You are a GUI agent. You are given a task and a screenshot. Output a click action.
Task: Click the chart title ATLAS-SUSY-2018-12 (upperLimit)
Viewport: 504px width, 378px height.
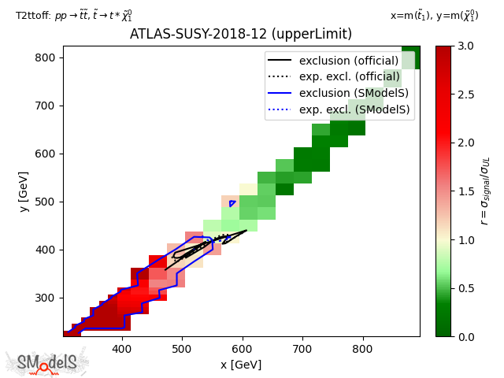point(241,34)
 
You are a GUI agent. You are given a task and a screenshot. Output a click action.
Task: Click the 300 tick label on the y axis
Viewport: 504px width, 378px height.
point(45,298)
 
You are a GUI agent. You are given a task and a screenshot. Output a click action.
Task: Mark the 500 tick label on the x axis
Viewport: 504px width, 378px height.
point(182,349)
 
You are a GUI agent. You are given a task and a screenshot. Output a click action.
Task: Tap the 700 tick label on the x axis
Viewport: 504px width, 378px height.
point(302,349)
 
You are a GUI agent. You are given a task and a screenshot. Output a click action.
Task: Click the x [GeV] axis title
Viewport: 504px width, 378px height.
point(241,365)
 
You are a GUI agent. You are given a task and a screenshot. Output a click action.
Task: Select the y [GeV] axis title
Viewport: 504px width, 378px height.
point(24,192)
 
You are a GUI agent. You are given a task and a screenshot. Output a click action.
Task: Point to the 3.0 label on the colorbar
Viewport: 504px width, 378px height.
point(465,46)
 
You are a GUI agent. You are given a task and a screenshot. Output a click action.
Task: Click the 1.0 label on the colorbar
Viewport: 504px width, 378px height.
point(465,240)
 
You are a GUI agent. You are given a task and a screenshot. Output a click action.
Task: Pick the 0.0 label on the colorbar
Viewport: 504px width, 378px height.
point(465,337)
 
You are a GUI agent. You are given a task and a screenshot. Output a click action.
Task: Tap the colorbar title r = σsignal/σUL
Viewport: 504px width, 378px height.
point(485,191)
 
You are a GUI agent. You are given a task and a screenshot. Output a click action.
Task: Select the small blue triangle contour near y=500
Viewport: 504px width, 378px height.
point(232,203)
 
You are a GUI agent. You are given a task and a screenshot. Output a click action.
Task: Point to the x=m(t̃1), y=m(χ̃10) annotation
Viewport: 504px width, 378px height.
point(434,15)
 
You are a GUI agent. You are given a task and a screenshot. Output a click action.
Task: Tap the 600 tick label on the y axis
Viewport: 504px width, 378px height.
point(45,154)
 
